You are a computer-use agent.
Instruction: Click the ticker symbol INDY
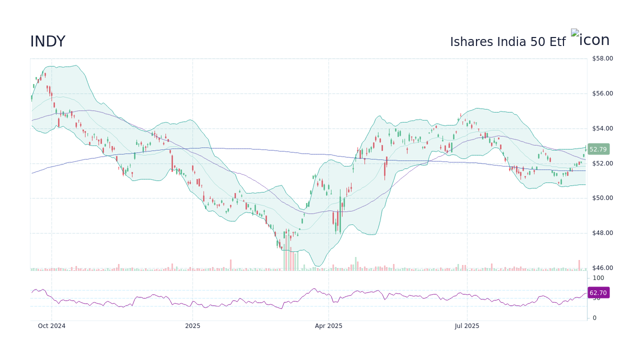pos(47,42)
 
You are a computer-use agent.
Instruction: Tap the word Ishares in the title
pos(472,42)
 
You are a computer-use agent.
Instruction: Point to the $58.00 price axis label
pos(602,58)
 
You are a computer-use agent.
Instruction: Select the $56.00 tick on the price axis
pos(602,93)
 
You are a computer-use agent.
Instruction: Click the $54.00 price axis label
pos(602,128)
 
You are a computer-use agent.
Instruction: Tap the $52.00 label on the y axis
pos(602,163)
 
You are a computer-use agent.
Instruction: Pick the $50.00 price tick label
pos(602,198)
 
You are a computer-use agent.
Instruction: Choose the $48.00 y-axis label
pos(602,233)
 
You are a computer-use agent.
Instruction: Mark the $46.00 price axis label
pos(602,268)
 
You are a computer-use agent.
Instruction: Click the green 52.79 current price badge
pos(598,149)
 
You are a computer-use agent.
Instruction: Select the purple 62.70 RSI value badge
pos(598,293)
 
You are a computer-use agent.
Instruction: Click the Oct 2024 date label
pos(51,326)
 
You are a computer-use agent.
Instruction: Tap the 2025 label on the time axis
pos(192,326)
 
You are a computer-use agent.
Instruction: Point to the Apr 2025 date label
pos(328,326)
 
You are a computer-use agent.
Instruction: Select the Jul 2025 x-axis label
pos(467,326)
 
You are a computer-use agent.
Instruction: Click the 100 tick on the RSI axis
pos(598,278)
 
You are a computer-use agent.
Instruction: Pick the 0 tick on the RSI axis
pos(594,318)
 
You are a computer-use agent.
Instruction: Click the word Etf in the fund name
pos(557,42)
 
